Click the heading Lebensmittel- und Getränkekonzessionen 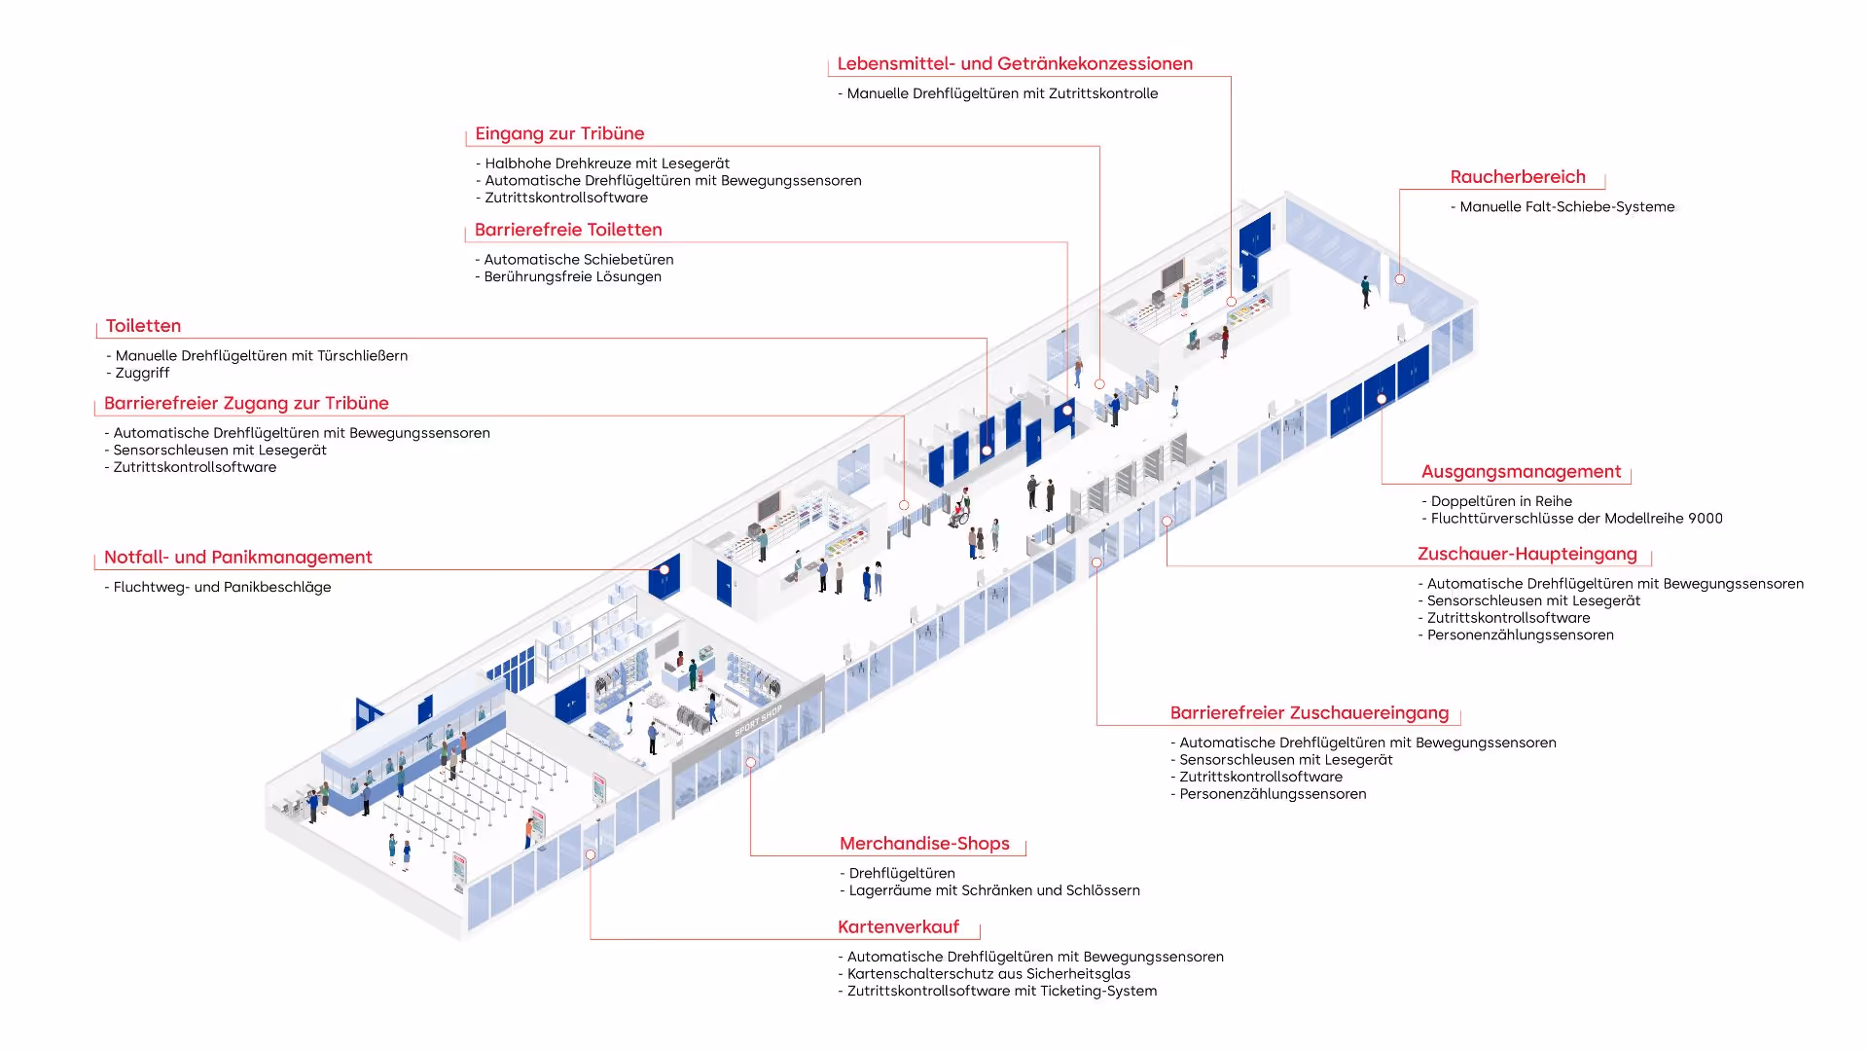[x=1015, y=64]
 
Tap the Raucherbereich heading [x=1518, y=177]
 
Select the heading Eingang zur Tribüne [x=559, y=134]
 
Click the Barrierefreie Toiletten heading [x=568, y=231]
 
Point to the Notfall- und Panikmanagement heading [x=238, y=558]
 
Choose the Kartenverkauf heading [x=898, y=927]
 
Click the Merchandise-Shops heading [x=924, y=844]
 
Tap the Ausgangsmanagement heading [x=1521, y=472]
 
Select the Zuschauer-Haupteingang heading [x=1527, y=555]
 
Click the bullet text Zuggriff [x=142, y=374]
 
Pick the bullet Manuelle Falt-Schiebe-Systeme [x=1566, y=207]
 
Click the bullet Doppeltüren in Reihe [x=1500, y=502]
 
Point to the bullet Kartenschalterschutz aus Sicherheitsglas [x=988, y=974]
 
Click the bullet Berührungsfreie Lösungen [x=572, y=277]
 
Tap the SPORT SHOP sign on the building [x=758, y=721]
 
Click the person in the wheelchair [x=961, y=509]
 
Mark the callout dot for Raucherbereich [x=1400, y=279]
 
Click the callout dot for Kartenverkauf [x=591, y=855]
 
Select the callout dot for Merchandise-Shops [x=751, y=763]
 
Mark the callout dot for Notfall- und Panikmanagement [x=665, y=570]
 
